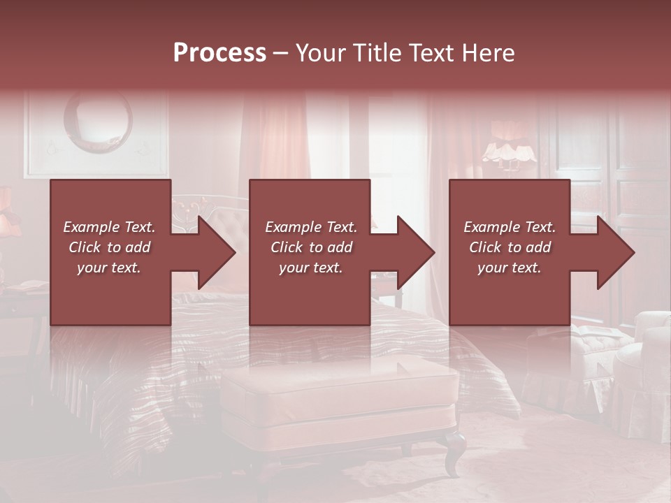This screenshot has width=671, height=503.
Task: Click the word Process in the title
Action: [x=219, y=52]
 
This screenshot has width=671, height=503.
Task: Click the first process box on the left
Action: [x=110, y=293]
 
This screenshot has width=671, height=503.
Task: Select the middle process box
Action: [x=310, y=293]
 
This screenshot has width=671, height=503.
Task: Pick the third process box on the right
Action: [x=510, y=293]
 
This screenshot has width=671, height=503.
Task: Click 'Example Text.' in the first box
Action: [x=109, y=227]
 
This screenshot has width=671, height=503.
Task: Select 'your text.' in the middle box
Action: [x=310, y=268]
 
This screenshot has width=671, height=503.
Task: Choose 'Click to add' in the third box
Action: [x=510, y=247]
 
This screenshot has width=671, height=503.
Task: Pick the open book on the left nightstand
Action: [x=28, y=285]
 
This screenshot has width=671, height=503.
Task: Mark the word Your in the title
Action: [x=322, y=52]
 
